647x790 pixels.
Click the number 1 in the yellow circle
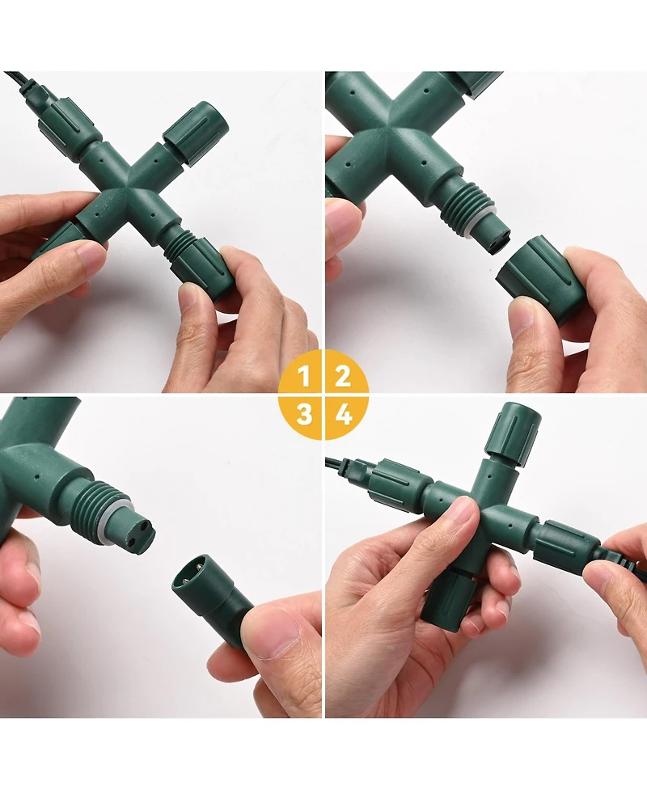[x=304, y=375]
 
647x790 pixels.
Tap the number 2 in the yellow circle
[x=343, y=375]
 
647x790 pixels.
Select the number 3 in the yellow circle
[x=304, y=415]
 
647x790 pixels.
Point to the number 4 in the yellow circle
[x=344, y=415]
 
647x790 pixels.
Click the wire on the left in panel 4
[x=340, y=465]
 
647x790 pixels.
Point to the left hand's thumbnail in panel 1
[x=89, y=258]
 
